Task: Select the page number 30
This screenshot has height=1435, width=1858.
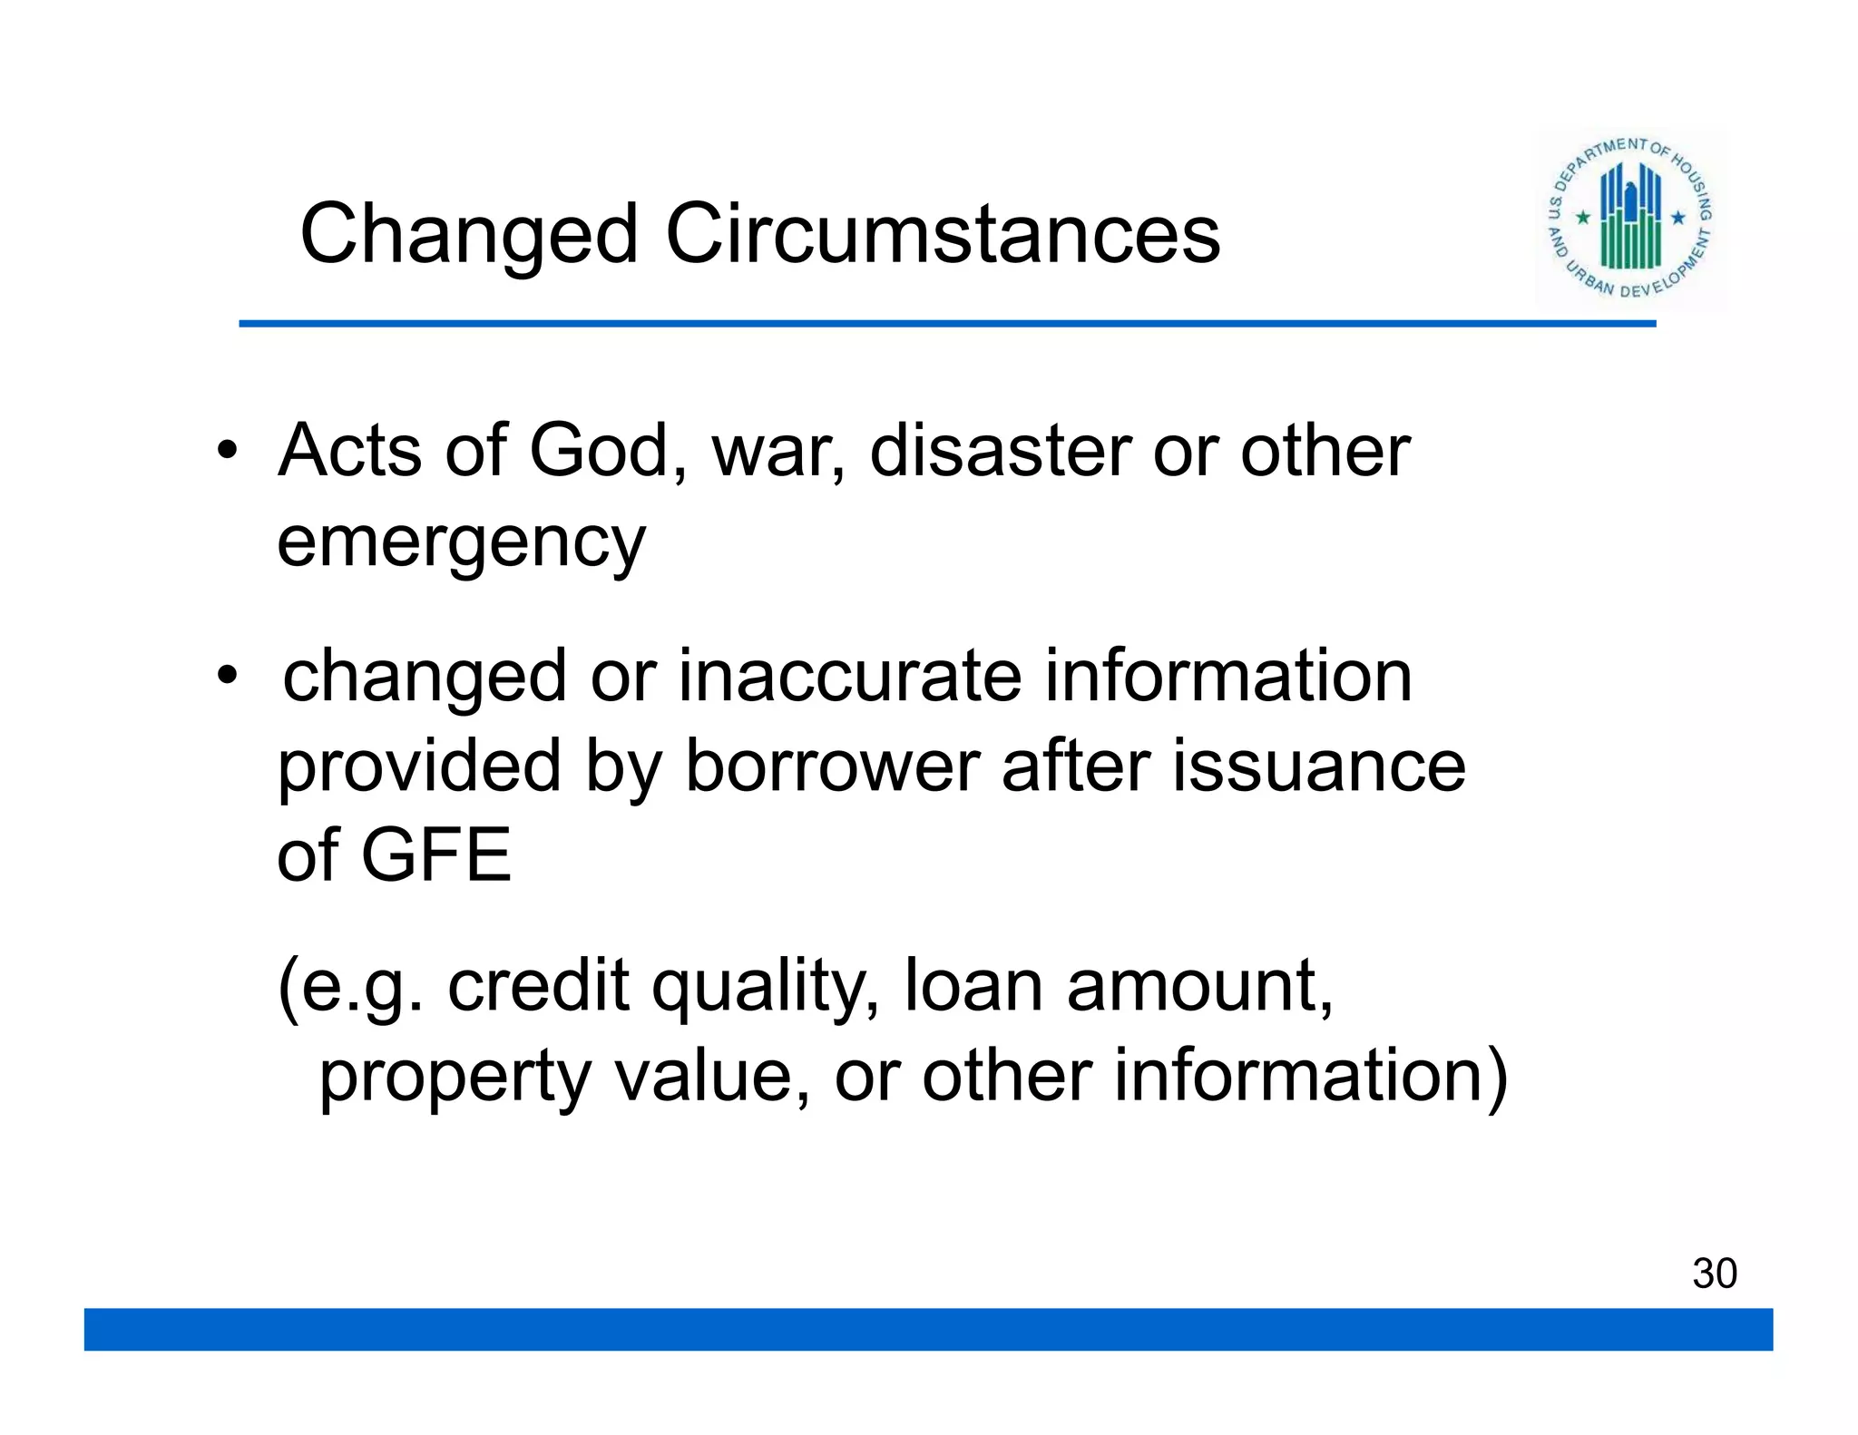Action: tap(1714, 1274)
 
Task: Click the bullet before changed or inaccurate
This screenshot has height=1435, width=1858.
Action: tap(227, 676)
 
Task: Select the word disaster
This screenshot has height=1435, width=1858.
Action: tap(1000, 451)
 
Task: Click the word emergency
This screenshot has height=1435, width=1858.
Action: tap(461, 543)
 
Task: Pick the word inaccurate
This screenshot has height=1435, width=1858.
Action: tap(850, 676)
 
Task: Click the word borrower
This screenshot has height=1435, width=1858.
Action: tap(832, 766)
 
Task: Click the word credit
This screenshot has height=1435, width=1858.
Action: tap(538, 986)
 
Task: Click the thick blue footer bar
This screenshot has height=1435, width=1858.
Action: tap(928, 1329)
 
